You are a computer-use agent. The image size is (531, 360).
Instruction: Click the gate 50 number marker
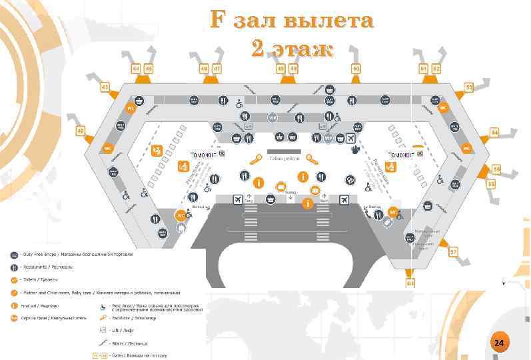(356, 68)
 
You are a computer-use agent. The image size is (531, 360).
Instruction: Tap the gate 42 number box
(81, 131)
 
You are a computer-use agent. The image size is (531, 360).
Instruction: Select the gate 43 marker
(105, 87)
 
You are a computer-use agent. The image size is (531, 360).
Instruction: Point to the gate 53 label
(469, 87)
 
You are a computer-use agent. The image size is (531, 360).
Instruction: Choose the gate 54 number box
(494, 133)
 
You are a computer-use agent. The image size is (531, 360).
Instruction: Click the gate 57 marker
(453, 252)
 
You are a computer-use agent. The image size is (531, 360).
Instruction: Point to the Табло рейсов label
(284, 159)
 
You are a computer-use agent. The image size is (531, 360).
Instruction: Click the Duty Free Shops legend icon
(13, 255)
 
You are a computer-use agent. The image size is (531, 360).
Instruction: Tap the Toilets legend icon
(13, 280)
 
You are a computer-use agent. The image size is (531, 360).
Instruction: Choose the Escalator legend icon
(103, 318)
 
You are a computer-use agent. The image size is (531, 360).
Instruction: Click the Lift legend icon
(103, 330)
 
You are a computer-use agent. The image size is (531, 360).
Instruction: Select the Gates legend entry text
(144, 355)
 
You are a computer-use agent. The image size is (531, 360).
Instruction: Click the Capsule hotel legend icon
(13, 318)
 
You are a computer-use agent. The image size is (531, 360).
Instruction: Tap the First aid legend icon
(13, 305)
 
